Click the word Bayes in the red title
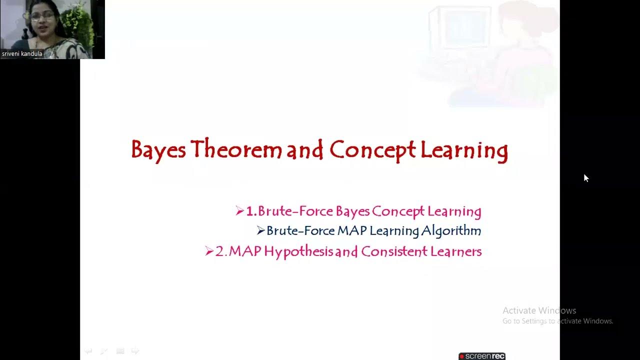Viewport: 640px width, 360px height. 158,150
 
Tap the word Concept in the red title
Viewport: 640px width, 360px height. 372,150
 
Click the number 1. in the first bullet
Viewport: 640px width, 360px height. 251,211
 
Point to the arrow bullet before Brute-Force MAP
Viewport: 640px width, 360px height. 260,230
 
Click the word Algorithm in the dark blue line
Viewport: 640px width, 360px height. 451,231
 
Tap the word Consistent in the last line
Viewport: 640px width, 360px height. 392,251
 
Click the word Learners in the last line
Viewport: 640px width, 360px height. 454,251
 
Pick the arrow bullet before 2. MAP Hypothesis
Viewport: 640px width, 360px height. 209,251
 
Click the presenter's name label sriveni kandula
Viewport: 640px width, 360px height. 22,54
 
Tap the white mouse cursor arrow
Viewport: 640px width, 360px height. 586,178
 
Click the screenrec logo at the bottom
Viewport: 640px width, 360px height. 482,356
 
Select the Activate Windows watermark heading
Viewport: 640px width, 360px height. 539,310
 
